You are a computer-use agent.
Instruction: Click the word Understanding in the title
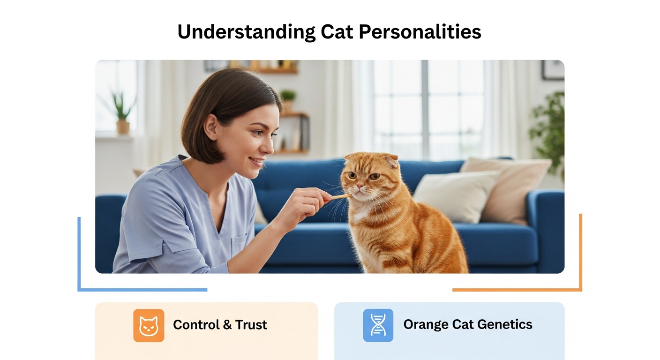246,32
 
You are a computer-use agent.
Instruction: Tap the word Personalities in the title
420,31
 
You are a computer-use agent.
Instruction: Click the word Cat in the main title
337,31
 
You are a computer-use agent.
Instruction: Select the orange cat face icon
149,325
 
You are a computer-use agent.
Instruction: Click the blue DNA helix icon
378,325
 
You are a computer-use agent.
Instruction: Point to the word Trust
251,325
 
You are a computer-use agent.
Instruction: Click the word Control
196,325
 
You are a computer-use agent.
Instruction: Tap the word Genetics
505,324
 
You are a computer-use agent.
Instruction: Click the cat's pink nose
360,186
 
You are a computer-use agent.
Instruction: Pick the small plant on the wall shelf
287,100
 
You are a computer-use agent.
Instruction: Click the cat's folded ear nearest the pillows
390,161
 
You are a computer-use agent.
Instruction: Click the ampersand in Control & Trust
227,325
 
